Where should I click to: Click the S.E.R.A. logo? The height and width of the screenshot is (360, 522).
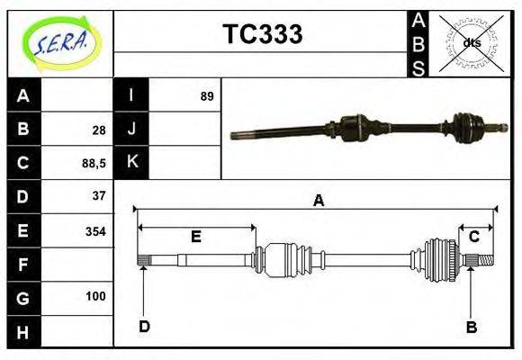tap(60, 41)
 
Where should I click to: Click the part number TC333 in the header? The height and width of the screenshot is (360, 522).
tap(262, 34)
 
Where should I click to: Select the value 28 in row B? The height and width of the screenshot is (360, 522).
tap(98, 129)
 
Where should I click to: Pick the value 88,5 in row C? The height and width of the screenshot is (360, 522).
tap(94, 163)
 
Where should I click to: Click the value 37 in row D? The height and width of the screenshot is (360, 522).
tap(98, 195)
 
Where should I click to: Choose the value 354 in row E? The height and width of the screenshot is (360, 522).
tap(94, 231)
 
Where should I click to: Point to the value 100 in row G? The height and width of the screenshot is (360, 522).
tap(95, 296)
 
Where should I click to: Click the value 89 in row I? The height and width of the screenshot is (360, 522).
tap(207, 95)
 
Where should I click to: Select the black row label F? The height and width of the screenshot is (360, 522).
tap(23, 265)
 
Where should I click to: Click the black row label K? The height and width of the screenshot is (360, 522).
tap(131, 162)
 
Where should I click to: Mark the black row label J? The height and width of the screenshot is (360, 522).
tap(131, 129)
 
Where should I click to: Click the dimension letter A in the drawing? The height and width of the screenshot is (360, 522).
tap(318, 201)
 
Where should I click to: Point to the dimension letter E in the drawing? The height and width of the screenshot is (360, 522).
tap(195, 237)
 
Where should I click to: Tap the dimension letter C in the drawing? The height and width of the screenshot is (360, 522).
tap(473, 237)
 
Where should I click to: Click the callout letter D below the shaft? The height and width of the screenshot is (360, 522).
tap(144, 326)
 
